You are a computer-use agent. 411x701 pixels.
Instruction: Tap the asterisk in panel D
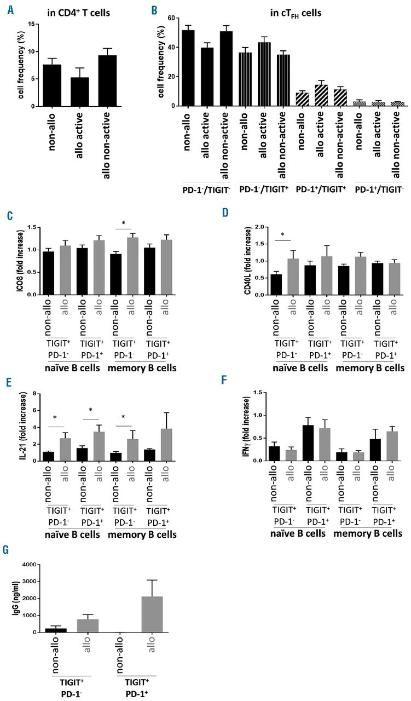(283, 235)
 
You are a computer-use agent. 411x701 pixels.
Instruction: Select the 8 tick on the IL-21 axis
(35, 393)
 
